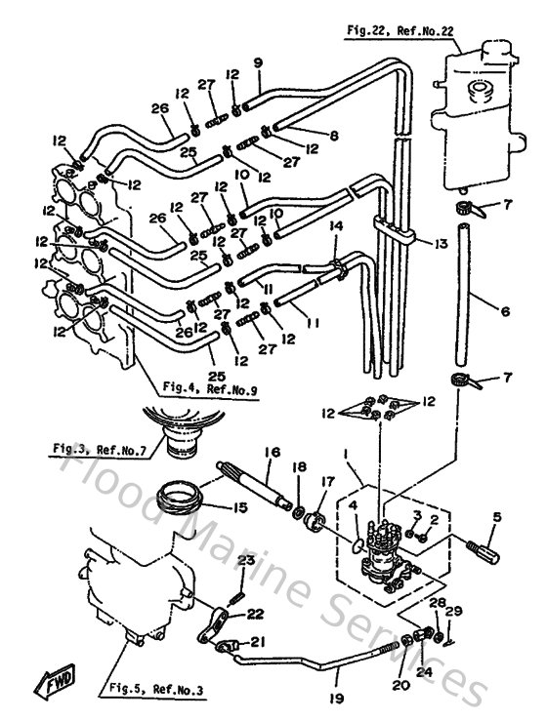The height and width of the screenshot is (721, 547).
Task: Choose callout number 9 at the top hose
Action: [258, 63]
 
